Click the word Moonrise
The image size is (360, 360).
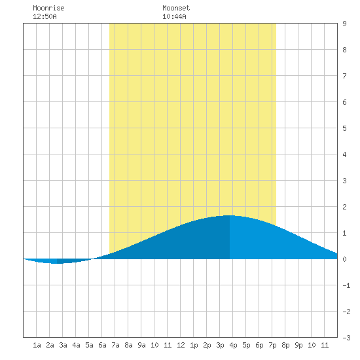(48, 8)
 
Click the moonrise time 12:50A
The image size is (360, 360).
(45, 16)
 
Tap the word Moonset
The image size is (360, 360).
(176, 8)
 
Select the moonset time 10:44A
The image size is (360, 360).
(174, 16)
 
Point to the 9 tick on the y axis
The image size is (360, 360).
(344, 24)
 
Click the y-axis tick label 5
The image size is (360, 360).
(344, 128)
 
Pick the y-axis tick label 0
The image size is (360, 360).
(344, 259)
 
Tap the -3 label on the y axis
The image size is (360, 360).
(346, 338)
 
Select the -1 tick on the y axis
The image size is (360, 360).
(346, 285)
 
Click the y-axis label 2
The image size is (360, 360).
(344, 207)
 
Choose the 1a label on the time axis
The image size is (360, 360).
(37, 345)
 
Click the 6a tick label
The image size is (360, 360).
(102, 345)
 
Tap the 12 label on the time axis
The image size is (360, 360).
(181, 345)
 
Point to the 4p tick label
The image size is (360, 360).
(233, 345)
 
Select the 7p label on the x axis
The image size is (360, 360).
(272, 345)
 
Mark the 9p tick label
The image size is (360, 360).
(298, 345)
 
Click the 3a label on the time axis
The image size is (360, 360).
(63, 345)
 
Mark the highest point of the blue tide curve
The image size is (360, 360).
(230, 215)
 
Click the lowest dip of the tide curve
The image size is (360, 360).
(57, 263)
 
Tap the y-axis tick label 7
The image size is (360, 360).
(344, 76)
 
